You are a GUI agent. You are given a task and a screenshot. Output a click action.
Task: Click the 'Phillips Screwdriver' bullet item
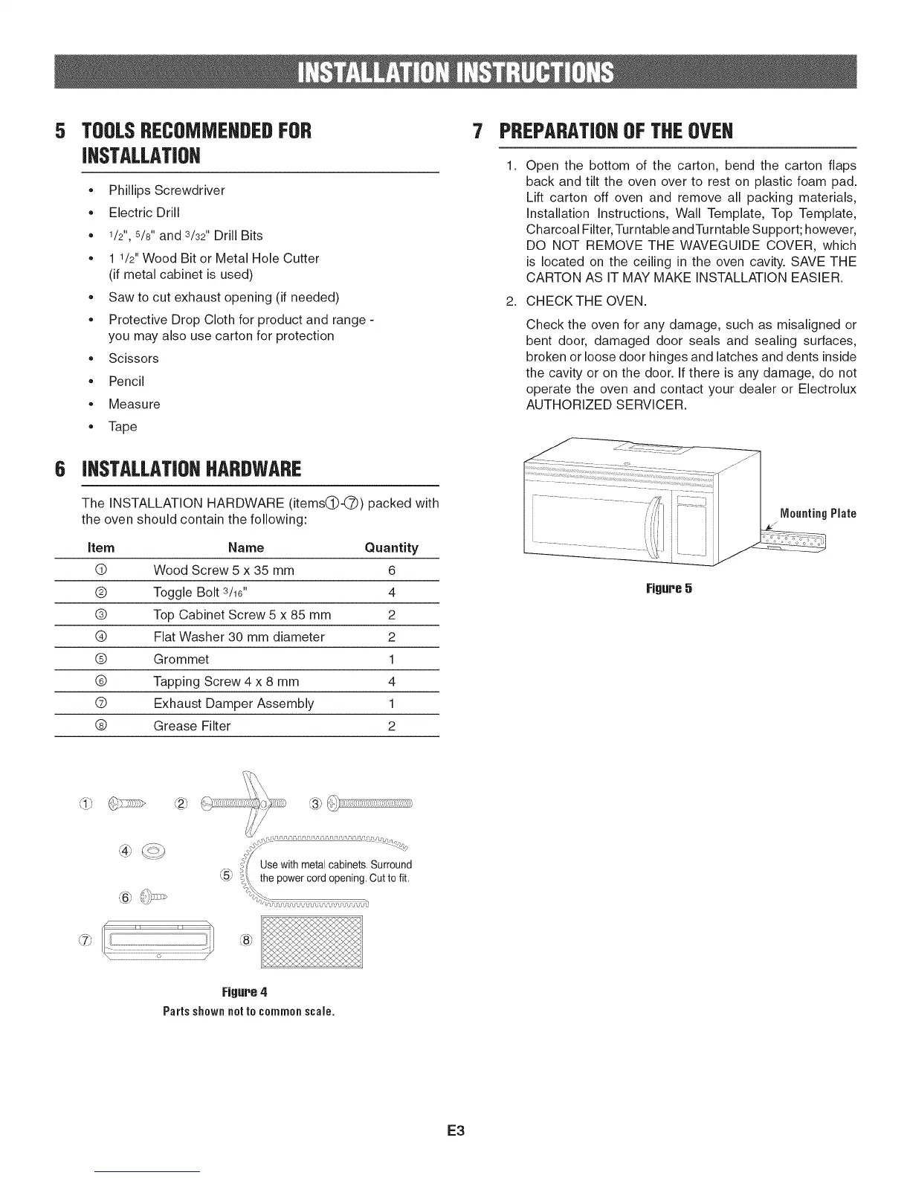[x=167, y=190]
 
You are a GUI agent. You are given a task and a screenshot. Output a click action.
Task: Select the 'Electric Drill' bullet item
[x=144, y=213]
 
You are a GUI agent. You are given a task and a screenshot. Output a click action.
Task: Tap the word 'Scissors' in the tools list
[x=134, y=358]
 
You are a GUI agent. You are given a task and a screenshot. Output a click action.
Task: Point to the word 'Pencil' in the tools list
[x=126, y=382]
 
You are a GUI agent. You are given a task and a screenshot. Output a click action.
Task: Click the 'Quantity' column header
[x=391, y=548]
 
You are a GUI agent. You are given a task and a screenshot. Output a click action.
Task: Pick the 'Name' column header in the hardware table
[x=246, y=548]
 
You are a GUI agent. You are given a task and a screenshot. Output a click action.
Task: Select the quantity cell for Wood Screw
[x=391, y=570]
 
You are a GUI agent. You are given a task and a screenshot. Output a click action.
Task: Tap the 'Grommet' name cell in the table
[x=181, y=660]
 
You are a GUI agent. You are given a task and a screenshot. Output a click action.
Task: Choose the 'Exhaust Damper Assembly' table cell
[x=233, y=704]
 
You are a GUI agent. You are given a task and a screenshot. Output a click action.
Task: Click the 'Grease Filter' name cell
[x=192, y=726]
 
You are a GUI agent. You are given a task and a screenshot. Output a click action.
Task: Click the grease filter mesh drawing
[x=312, y=942]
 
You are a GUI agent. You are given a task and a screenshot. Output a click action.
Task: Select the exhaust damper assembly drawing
[x=158, y=942]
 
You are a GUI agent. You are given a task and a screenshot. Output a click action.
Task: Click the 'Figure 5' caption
[x=669, y=589]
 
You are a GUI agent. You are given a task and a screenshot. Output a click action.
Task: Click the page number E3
[x=455, y=1131]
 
